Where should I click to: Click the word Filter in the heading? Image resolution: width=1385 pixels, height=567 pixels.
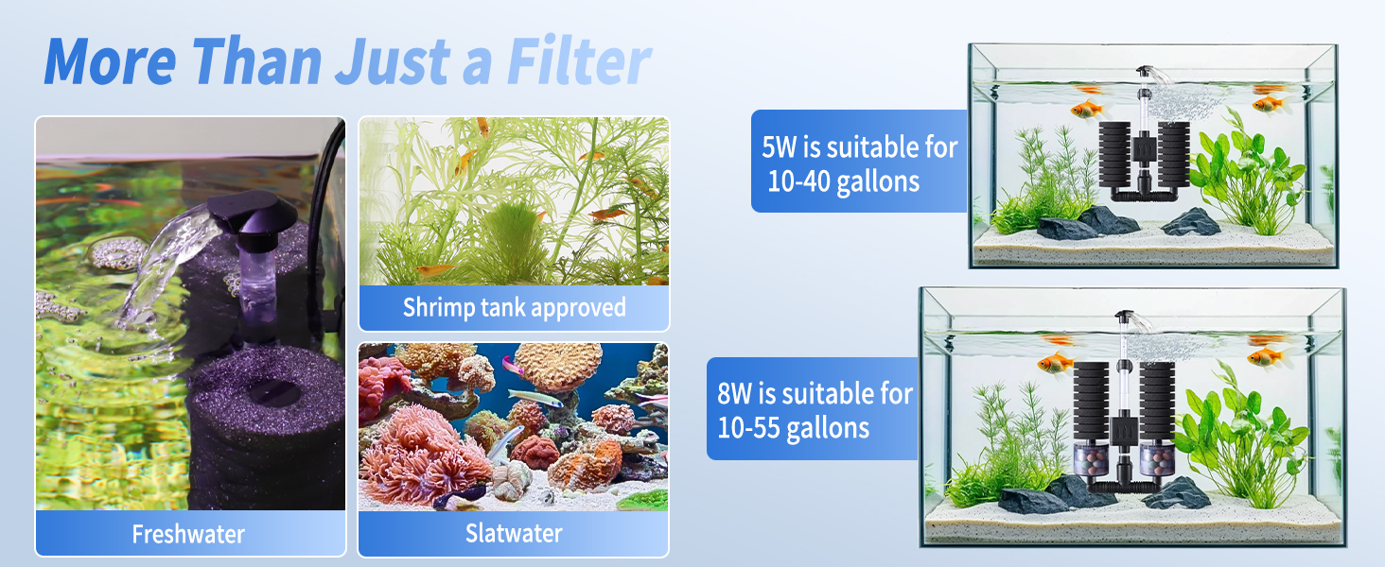point(579,61)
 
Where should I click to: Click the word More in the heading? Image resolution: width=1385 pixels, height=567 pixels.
point(110,61)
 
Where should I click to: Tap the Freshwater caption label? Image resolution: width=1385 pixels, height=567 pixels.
point(188,534)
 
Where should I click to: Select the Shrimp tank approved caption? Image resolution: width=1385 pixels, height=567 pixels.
point(515,307)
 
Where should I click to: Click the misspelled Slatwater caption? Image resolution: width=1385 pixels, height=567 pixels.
point(514,533)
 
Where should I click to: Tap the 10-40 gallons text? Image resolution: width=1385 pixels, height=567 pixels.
point(843,182)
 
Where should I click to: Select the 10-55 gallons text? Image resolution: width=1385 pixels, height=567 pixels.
point(794,427)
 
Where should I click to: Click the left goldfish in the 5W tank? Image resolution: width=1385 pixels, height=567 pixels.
point(1086,110)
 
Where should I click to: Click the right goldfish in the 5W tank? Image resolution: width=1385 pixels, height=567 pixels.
point(1268,104)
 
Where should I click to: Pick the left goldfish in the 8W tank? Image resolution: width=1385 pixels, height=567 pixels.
point(1055,363)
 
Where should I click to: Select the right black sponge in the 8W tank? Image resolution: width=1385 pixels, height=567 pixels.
point(1156,402)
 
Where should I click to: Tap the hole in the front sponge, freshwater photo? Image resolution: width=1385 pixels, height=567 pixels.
point(274,391)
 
